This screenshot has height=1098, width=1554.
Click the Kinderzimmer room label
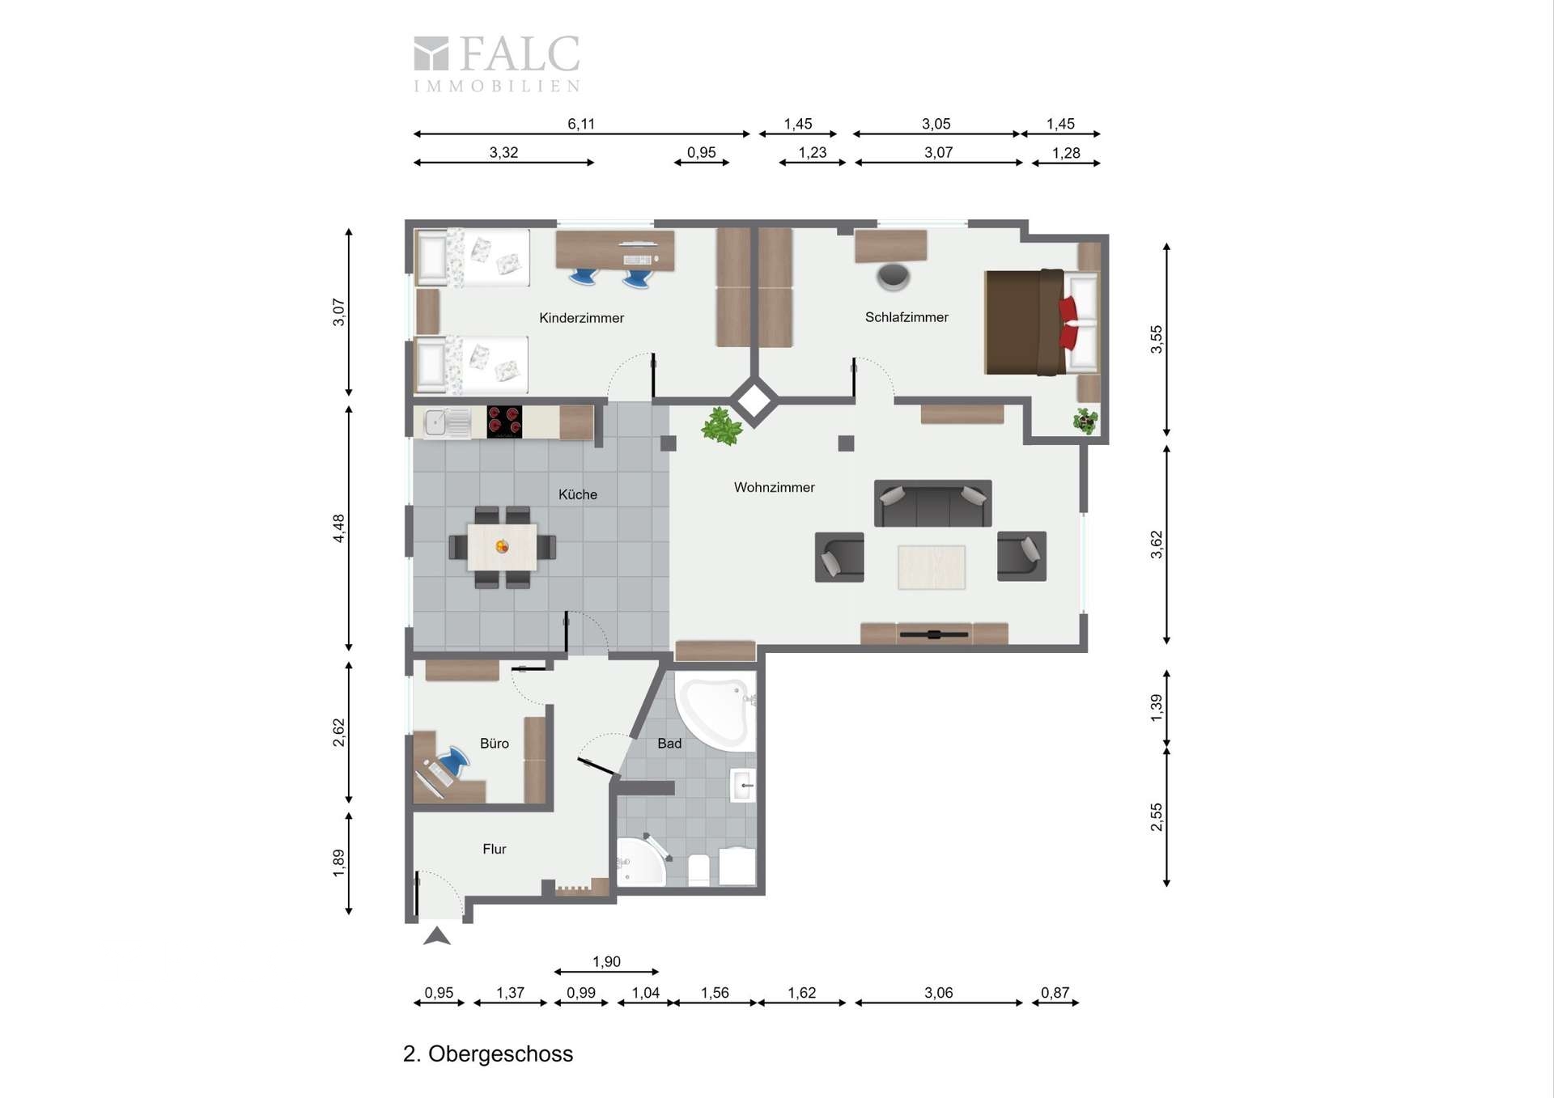click(581, 318)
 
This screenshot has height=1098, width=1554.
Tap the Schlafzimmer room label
click(906, 317)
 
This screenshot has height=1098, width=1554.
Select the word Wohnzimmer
click(774, 487)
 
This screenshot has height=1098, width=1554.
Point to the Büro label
click(494, 743)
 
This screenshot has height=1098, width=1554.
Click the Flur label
click(494, 849)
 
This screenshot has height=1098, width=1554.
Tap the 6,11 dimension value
click(580, 124)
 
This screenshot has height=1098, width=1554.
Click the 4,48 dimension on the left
click(338, 528)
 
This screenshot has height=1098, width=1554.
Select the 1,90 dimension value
click(606, 961)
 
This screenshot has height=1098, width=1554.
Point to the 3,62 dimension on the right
click(1157, 544)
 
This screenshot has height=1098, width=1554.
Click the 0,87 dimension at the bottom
click(1055, 992)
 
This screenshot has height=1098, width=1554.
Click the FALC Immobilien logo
click(497, 63)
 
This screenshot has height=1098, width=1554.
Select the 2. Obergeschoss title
click(488, 1053)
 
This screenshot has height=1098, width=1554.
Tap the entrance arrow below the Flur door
click(437, 936)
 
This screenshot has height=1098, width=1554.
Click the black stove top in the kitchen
click(504, 422)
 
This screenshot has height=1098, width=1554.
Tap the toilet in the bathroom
click(698, 868)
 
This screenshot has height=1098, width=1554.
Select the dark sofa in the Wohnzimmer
click(932, 503)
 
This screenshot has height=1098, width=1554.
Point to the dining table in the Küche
click(502, 547)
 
